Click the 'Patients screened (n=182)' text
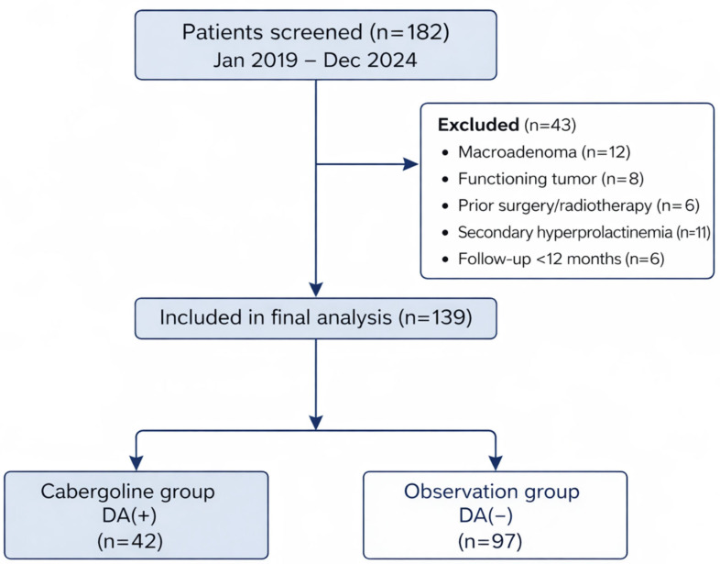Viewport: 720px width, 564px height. (315, 32)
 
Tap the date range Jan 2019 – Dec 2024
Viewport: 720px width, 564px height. (315, 61)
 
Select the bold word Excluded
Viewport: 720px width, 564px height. (478, 125)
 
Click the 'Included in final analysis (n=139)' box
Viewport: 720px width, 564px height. (315, 318)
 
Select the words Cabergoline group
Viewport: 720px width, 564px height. (127, 492)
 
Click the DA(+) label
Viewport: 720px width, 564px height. (129, 515)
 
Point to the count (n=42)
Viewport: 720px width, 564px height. (130, 541)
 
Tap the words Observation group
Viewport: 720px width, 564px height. (491, 492)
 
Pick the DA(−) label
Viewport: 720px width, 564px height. (485, 515)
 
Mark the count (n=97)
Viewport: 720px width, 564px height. (490, 541)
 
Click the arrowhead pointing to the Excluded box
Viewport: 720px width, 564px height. (410, 164)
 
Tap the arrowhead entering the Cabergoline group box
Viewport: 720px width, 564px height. (136, 463)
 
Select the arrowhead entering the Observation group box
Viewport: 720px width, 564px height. (496, 463)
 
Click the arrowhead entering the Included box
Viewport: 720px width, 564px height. (316, 290)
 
